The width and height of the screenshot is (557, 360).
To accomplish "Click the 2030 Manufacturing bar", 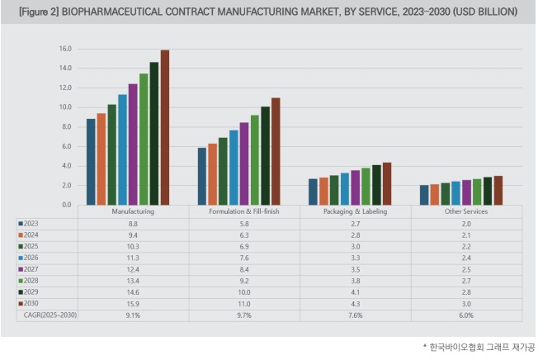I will coord(164,127).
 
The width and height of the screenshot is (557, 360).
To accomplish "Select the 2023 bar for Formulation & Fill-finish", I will coord(201,176).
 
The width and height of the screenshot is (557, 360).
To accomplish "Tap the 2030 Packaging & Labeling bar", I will coord(386,183).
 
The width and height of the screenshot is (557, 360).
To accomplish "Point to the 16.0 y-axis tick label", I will coord(65,49).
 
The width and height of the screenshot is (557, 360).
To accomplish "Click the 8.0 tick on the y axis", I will coord(67,126).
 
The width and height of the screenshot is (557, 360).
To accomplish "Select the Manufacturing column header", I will coord(133,212).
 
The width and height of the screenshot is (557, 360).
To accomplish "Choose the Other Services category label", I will coord(465,212).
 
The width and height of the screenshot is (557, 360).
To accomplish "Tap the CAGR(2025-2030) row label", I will coord(49,315).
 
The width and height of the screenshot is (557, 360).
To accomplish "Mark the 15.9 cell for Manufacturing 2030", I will coord(133,304).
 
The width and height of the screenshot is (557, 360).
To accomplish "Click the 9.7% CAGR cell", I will coord(244,315).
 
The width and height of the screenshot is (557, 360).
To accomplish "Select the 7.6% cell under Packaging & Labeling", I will coord(355,315).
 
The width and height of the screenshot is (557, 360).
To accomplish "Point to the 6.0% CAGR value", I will coord(465,315).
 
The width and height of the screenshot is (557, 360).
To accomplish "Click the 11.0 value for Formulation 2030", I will coord(244,304).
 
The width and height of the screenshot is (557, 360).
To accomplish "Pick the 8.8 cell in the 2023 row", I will coord(133,223).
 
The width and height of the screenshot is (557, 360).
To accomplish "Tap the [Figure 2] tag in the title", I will coord(38,12).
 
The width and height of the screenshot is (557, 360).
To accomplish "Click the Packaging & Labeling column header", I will coord(355,212).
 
